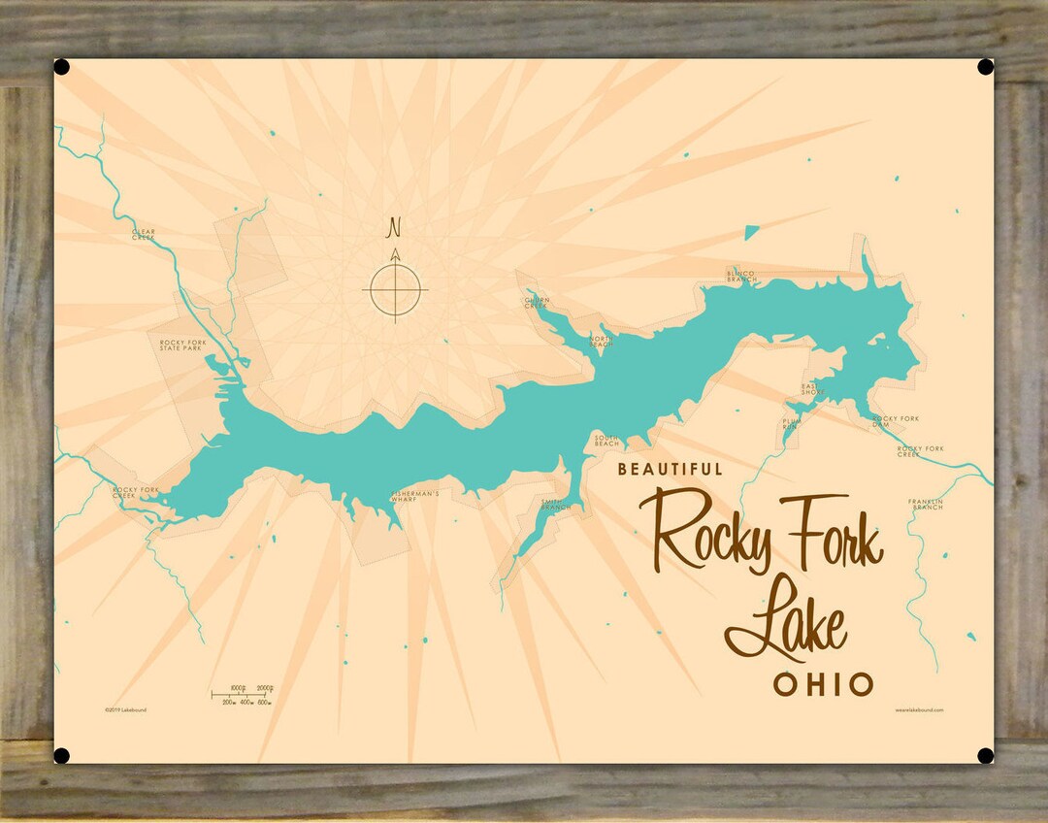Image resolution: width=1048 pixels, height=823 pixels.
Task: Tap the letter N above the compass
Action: pos(394,228)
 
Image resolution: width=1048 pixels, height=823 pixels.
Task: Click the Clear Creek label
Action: pos(144,234)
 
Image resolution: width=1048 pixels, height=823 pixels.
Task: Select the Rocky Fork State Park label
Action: pos(182,345)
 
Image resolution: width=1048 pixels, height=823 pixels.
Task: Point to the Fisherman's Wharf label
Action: pos(416,496)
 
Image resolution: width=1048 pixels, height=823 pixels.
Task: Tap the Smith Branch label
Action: pos(556,504)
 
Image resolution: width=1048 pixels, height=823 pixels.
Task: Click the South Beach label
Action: pos(606,441)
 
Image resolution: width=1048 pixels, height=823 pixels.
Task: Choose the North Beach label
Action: pos(602,342)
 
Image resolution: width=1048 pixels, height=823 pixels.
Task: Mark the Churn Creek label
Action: pos(537,303)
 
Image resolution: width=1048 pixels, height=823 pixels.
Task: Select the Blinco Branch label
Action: pos(740,276)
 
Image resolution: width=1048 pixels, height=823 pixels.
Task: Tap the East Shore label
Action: pos(813,389)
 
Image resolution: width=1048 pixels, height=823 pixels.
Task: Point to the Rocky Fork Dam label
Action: pos(896,421)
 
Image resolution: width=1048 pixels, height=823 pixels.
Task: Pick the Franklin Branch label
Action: pos(926,504)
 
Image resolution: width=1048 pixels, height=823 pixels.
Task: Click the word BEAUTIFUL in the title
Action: pos(671,470)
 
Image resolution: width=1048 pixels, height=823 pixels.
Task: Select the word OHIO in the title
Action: pos(823,684)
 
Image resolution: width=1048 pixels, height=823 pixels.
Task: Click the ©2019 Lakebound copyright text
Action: pos(126,710)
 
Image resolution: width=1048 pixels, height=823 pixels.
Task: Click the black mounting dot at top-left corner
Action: pos(61,67)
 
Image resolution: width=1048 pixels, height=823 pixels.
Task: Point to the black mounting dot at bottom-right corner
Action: pos(985,755)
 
